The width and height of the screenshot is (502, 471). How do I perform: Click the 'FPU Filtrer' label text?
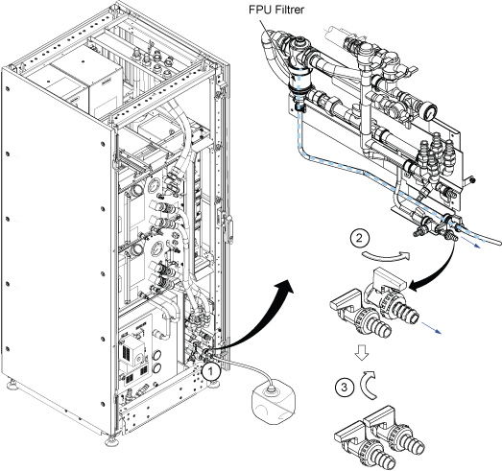276,10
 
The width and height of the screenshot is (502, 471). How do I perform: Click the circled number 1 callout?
211,371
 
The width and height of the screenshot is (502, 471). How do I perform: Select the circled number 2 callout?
360,238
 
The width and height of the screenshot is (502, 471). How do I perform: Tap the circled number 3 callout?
345,388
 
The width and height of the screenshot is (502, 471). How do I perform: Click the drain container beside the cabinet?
274,401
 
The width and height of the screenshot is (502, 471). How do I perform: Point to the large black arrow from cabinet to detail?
253,320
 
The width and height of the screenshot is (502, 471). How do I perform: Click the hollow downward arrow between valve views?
362,352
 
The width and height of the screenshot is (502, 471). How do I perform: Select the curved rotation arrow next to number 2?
386,256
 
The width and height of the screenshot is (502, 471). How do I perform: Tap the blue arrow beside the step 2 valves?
431,328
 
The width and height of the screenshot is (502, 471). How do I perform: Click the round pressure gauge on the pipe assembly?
429,111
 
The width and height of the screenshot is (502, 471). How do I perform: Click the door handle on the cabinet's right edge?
228,227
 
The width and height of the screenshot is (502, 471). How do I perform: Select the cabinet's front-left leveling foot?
111,440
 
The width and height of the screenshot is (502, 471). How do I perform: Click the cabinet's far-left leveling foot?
12,384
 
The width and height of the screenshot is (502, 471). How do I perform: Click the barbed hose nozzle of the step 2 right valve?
406,312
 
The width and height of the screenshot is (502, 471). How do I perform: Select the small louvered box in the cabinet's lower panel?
131,350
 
